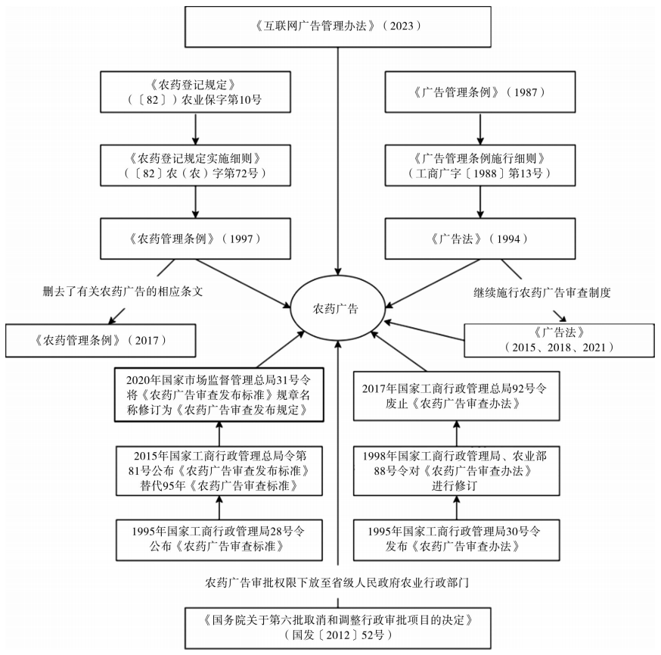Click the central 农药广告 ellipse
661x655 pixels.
(x=336, y=309)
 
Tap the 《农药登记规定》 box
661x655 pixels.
(x=195, y=93)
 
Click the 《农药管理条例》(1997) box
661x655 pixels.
(x=195, y=239)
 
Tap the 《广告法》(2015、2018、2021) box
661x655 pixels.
(x=559, y=340)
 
